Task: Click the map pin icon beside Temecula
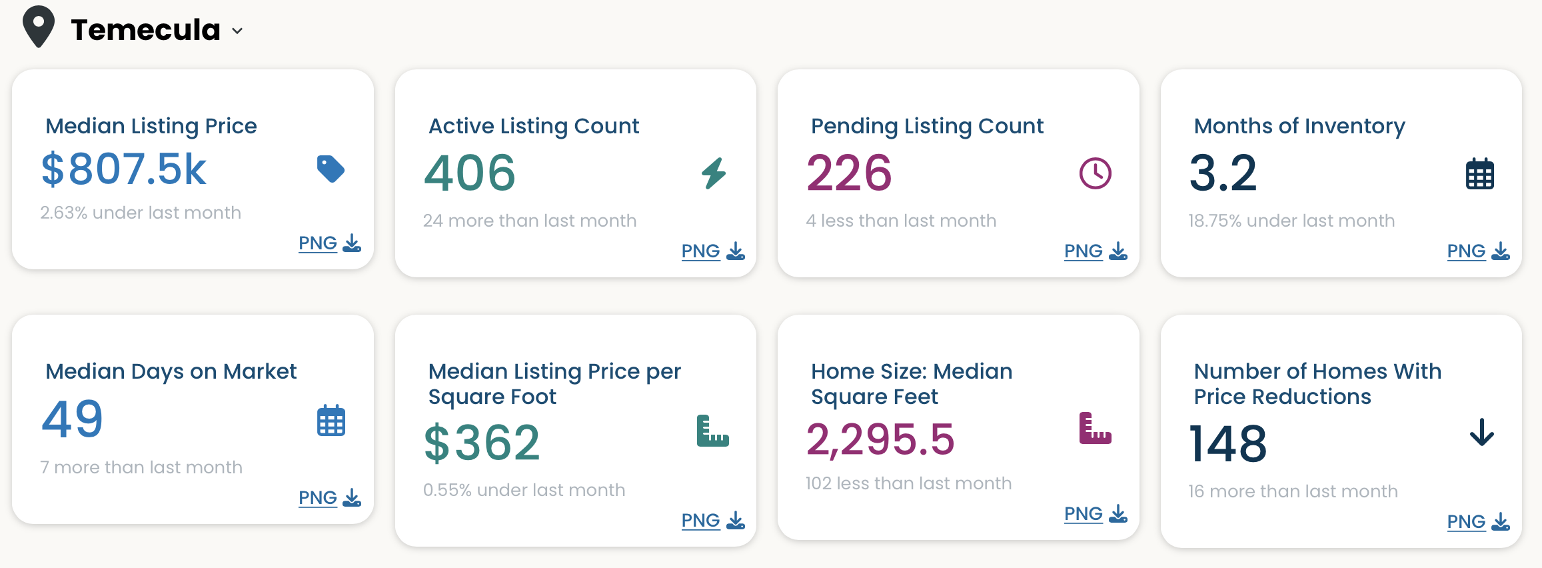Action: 39,27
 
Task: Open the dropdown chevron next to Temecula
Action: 237,31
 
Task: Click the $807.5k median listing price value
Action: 124,169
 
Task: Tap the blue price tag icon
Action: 331,169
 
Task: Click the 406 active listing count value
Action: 470,173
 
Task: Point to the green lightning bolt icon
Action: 714,173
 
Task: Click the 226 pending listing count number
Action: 849,173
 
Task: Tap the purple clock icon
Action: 1096,173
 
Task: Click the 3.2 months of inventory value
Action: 1223,173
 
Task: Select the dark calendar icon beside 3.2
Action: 1480,174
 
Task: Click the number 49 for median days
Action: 73,419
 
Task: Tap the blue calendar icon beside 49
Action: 331,420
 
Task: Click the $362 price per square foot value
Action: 482,443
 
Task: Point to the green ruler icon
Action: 713,431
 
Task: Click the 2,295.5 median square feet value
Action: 880,439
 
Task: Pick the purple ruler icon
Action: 1096,428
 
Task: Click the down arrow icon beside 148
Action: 1482,432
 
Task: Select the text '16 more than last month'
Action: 1293,491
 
